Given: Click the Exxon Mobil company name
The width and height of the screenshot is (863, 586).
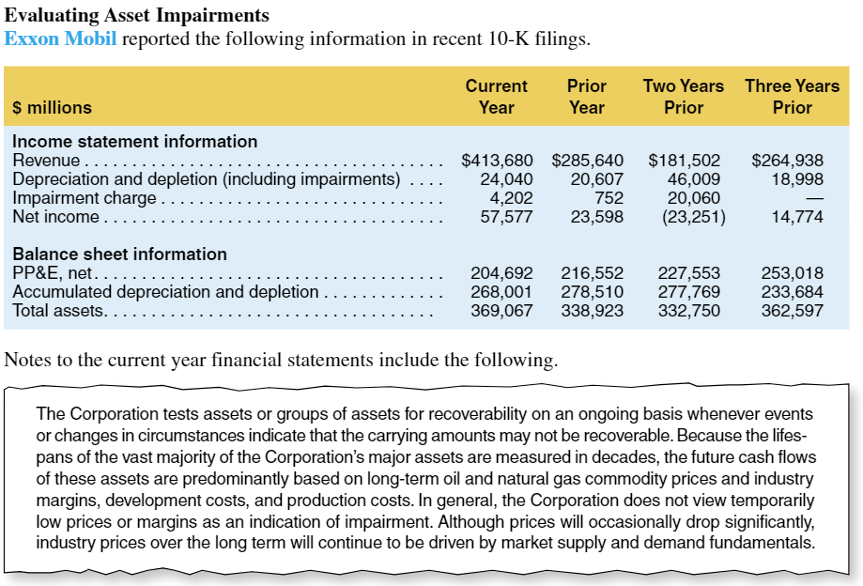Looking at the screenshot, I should tap(61, 39).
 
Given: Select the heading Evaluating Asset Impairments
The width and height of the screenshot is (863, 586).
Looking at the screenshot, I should tap(137, 16).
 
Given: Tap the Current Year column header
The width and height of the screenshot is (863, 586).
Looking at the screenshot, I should tap(496, 96).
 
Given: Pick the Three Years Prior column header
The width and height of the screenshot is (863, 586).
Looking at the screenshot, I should tap(792, 96).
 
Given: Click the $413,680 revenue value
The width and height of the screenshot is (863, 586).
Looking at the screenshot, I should tap(498, 161).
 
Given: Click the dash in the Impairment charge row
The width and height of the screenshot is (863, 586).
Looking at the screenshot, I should tap(814, 198).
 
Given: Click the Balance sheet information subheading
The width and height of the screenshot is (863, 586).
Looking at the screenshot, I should tap(119, 254).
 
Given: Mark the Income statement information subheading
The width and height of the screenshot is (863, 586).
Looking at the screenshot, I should tap(134, 142).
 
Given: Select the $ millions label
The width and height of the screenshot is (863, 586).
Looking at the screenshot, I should tap(52, 108).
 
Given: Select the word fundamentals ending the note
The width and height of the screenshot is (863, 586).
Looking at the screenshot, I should tap(759, 543).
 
